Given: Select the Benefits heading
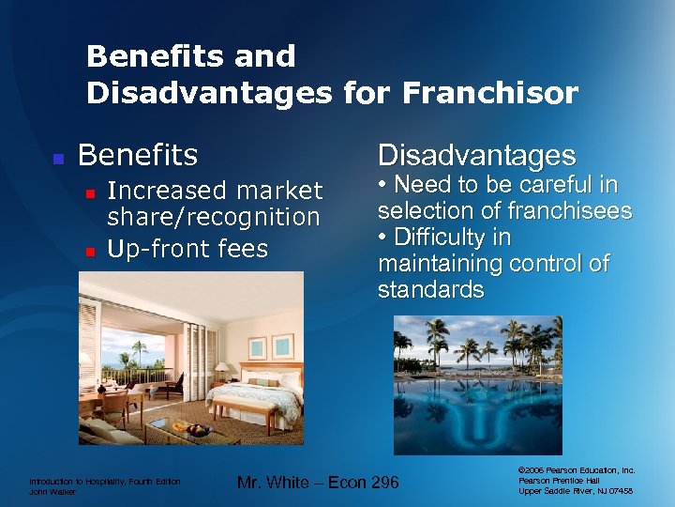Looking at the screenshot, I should coord(138,154).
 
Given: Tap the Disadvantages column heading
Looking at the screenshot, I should coord(476,155).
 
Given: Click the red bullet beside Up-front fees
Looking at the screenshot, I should coord(91,251).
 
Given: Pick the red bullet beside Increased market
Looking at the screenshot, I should coord(91,192).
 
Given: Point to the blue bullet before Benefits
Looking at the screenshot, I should coord(57,158).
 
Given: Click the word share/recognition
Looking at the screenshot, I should coord(214,217).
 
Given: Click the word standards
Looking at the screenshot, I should coord(430,290).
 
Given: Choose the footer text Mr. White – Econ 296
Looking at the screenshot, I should coord(318,483).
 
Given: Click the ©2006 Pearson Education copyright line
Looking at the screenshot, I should coord(576,469).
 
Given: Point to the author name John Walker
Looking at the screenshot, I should coord(55,491).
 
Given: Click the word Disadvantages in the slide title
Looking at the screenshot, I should coord(209,93).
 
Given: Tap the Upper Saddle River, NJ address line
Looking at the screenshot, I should coord(576,491).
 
